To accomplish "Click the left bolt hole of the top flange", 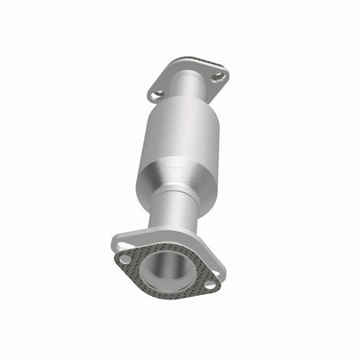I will pos(157,94).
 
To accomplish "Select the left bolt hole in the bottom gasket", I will pos(126,258).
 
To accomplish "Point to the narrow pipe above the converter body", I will pos(187,89).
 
